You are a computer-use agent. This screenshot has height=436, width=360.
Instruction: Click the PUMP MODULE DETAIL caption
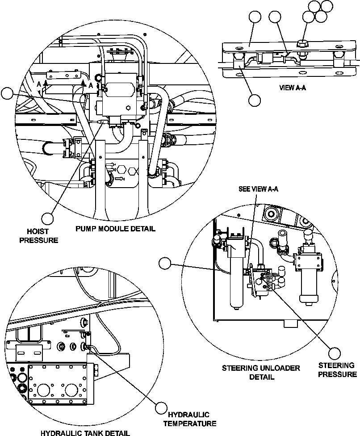click(115, 229)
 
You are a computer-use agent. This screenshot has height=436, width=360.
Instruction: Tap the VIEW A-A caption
click(293, 88)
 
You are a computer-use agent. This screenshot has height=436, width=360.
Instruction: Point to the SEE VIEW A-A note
click(259, 189)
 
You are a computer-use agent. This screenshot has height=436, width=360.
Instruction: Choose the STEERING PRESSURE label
click(338, 370)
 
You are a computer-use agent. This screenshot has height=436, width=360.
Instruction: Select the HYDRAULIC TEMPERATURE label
click(190, 419)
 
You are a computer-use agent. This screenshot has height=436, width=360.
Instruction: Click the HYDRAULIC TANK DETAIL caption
click(85, 432)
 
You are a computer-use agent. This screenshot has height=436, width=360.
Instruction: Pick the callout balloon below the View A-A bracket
click(255, 100)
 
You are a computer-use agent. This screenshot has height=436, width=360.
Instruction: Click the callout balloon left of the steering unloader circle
click(166, 263)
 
